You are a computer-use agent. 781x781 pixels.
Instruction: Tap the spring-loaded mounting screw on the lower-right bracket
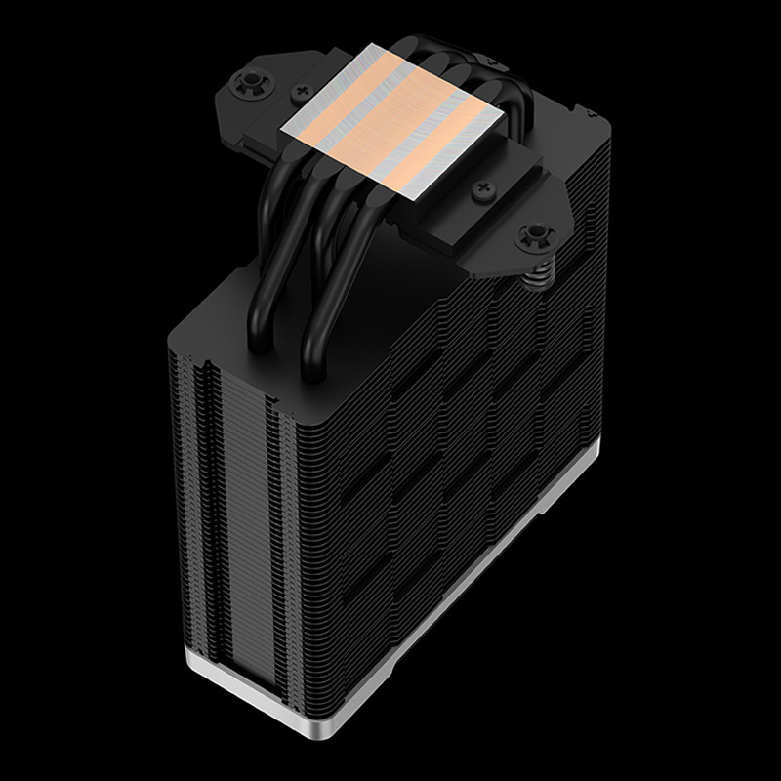533,233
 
